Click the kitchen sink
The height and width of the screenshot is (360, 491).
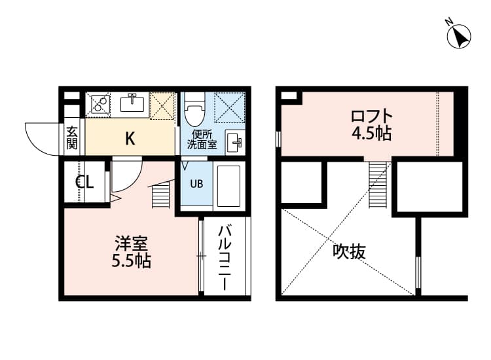[x=133, y=103]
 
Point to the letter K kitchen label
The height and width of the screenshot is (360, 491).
[x=130, y=138]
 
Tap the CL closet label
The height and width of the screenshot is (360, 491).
[x=84, y=182]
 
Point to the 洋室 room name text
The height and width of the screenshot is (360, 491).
[x=130, y=243]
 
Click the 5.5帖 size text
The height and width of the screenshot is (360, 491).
[x=130, y=261]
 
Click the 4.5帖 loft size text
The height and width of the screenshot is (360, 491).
[x=371, y=134]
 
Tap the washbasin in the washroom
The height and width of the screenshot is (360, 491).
[x=234, y=141]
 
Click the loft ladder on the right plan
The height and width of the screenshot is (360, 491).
[x=378, y=185]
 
